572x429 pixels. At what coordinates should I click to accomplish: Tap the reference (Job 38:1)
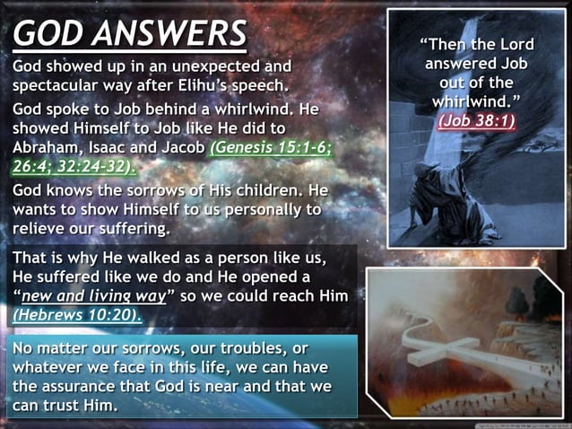coord(476,121)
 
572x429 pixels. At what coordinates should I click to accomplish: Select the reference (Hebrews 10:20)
coord(77,316)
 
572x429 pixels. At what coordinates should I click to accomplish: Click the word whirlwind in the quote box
coord(472,101)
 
